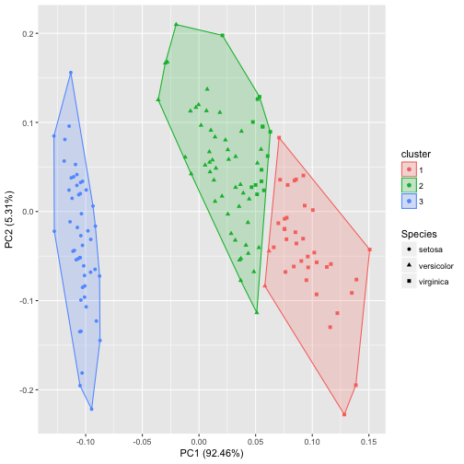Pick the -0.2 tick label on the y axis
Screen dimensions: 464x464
click(x=25, y=390)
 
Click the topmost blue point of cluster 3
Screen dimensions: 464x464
click(x=71, y=73)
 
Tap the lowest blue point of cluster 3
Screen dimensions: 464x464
click(x=91, y=409)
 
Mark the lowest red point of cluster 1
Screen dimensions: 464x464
click(x=344, y=414)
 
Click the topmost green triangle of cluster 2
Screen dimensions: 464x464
click(x=176, y=25)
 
